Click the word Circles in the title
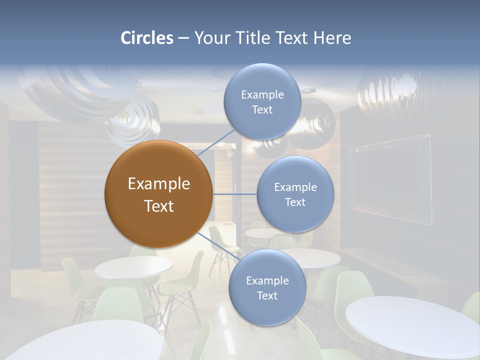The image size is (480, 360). pos(146,38)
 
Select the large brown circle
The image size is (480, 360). pos(158,194)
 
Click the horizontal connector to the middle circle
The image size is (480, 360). pos(234,194)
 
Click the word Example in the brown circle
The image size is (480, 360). pos(158,184)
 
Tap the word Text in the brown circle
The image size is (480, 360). pos(158,206)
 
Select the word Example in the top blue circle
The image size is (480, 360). pos(262,94)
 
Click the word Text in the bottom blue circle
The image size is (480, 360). pos(267,295)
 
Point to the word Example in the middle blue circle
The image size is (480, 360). pos(295,187)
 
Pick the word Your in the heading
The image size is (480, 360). pos(208,38)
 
